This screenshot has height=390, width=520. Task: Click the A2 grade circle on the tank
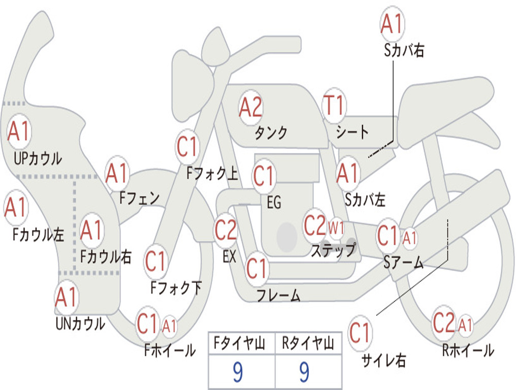[251, 108]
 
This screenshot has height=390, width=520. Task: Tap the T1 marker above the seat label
[334, 105]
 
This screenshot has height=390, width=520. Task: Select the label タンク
[271, 133]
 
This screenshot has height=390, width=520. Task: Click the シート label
[352, 132]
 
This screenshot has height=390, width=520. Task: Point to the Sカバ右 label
[404, 50]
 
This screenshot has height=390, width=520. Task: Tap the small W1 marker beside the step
[336, 228]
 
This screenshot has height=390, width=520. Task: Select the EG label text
[274, 202]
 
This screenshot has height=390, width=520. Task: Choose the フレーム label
[279, 295]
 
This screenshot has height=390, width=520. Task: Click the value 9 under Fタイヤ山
[238, 372]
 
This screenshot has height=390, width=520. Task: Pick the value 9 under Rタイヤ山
[305, 372]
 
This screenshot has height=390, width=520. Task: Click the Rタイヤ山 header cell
[308, 343]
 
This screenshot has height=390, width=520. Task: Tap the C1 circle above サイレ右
[360, 332]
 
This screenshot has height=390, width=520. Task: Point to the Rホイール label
[468, 350]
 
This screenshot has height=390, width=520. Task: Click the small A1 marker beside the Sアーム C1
[410, 238]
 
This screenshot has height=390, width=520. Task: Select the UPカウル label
[38, 158]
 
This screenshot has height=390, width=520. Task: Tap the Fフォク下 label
[176, 288]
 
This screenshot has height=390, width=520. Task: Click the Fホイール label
[170, 350]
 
